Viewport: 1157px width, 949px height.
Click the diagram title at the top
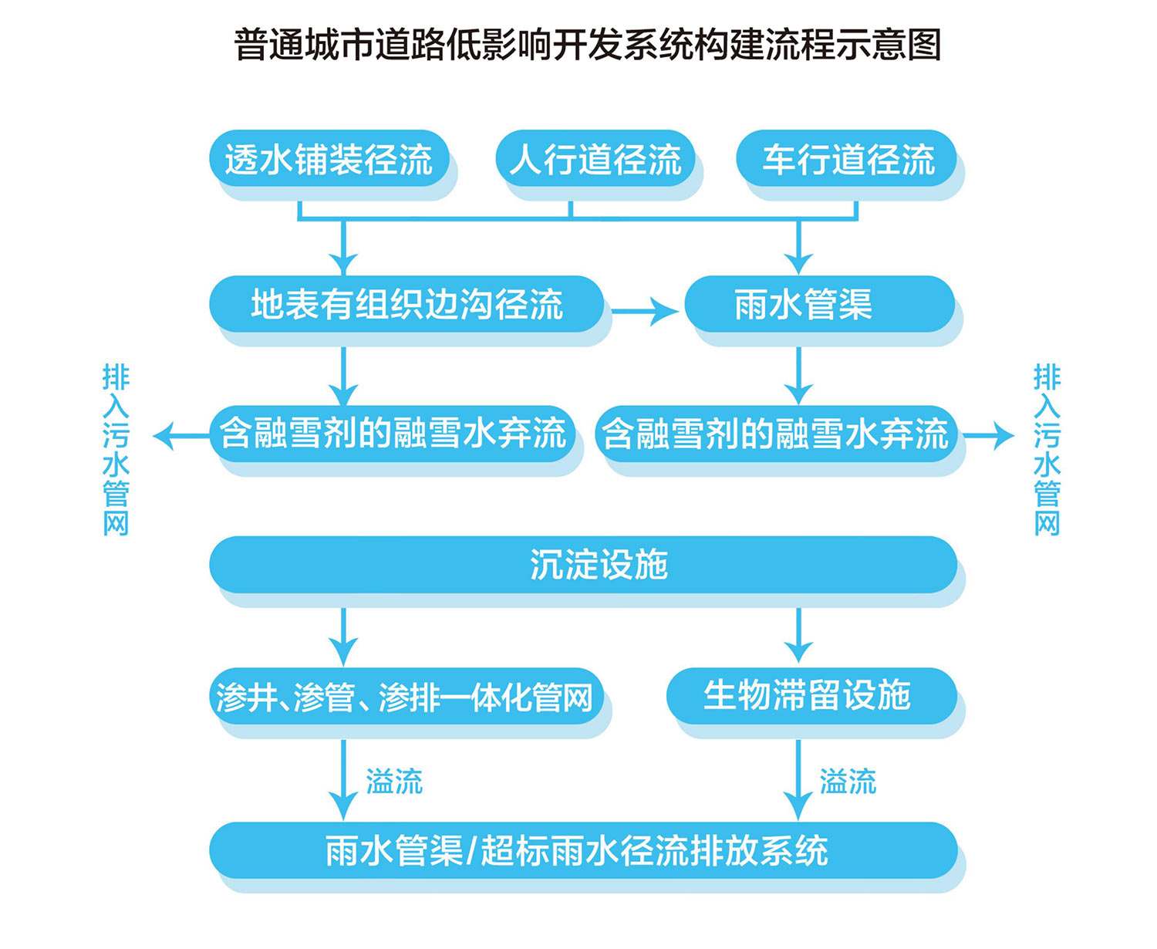pyautogui.click(x=587, y=45)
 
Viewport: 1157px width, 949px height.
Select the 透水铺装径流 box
pyautogui.click(x=329, y=158)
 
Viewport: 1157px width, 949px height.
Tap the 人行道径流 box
pyautogui.click(x=595, y=158)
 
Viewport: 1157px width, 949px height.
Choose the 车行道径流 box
pyautogui.click(x=846, y=158)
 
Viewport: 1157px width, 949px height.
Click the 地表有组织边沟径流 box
pyautogui.click(x=406, y=304)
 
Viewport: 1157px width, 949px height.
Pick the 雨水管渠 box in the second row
pyautogui.click(x=820, y=304)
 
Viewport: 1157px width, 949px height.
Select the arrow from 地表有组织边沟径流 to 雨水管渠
pyautogui.click(x=645, y=311)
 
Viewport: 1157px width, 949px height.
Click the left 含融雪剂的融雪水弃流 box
pyautogui.click(x=393, y=434)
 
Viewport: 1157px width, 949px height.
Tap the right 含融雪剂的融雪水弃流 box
pyautogui.click(x=776, y=434)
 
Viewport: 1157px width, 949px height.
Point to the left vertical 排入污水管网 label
pyautogui.click(x=116, y=449)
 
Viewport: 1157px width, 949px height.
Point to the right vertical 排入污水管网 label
pyautogui.click(x=1047, y=449)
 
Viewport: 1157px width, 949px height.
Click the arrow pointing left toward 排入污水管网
pyautogui.click(x=181, y=437)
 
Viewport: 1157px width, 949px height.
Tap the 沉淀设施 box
pyautogui.click(x=583, y=565)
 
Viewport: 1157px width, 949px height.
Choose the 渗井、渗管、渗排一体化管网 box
pyautogui.click(x=406, y=696)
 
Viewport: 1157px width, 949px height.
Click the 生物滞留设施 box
pyautogui.click(x=812, y=696)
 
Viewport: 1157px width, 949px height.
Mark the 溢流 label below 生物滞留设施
pyautogui.click(x=848, y=781)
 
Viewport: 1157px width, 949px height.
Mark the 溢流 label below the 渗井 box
pyautogui.click(x=394, y=781)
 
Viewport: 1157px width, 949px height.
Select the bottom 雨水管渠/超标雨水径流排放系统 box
pyautogui.click(x=583, y=850)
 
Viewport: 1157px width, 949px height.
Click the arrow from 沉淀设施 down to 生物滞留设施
pyautogui.click(x=798, y=636)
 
